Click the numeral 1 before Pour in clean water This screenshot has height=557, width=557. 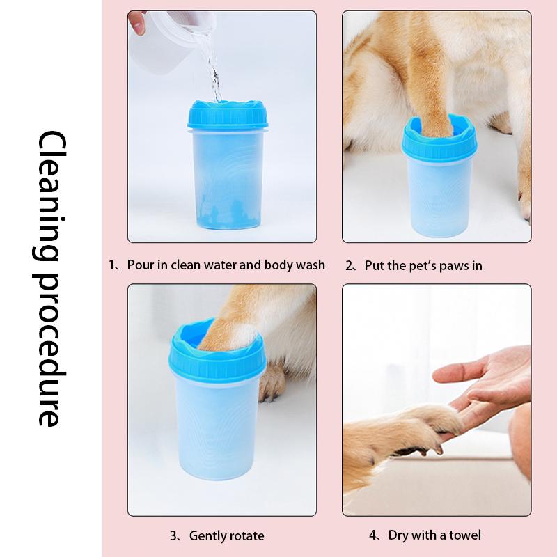(x=111, y=265)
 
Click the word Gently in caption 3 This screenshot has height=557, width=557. (x=207, y=535)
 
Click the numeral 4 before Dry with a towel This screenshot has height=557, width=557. (x=372, y=535)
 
